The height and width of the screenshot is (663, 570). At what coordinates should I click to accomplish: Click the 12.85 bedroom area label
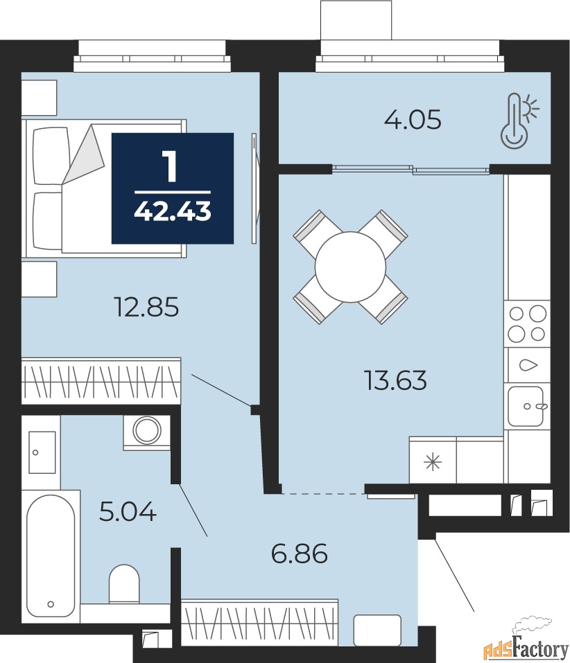[x=147, y=307]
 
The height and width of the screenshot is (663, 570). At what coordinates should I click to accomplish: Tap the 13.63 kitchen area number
[x=395, y=380]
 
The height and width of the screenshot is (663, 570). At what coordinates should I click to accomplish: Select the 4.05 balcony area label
[x=413, y=119]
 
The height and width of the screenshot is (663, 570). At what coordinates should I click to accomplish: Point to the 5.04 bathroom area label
[x=128, y=511]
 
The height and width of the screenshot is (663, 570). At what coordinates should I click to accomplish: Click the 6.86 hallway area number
[x=300, y=554]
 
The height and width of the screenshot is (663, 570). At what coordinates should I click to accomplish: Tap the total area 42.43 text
[x=173, y=211]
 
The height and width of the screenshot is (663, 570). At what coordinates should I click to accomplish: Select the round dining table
[x=350, y=267]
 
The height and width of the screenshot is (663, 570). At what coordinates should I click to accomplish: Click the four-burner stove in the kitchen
[x=527, y=324]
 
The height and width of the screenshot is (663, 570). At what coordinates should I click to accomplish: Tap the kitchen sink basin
[x=526, y=407]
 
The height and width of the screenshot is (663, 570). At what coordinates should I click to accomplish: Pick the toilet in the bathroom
[x=124, y=583]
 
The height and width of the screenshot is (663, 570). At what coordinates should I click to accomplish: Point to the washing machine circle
[x=147, y=430]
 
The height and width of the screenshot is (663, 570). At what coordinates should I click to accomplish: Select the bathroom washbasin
[x=42, y=452]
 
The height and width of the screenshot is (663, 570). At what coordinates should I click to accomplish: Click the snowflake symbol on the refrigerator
[x=433, y=461]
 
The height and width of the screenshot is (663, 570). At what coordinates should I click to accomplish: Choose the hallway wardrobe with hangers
[x=260, y=621]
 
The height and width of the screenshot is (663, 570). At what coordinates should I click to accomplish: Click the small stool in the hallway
[x=377, y=630]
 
